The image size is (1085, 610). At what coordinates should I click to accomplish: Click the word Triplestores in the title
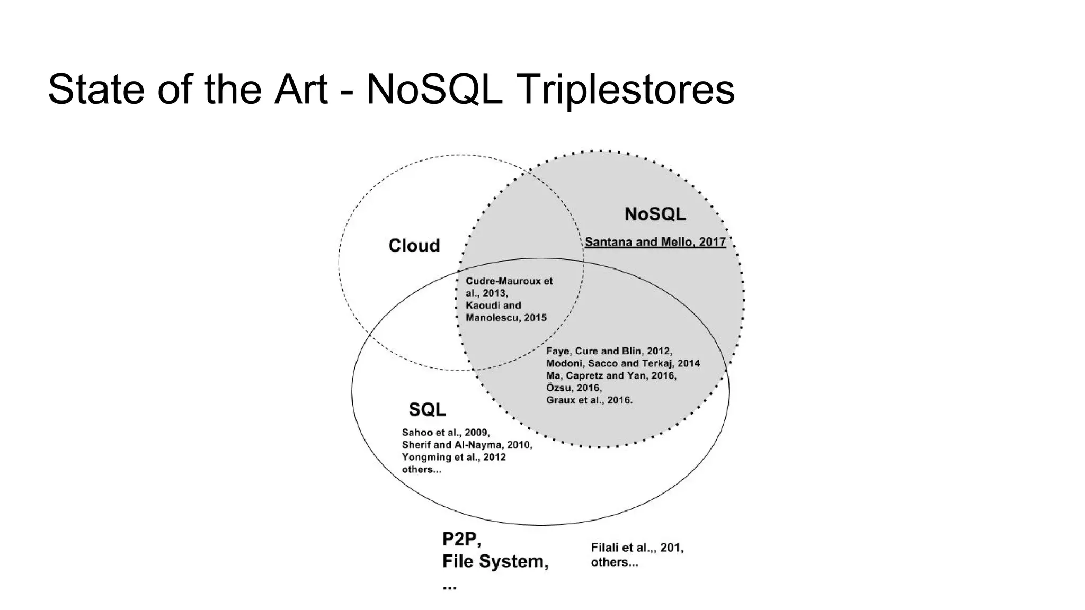pyautogui.click(x=625, y=89)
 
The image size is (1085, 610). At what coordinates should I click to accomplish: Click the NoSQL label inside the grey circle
pyautogui.click(x=655, y=214)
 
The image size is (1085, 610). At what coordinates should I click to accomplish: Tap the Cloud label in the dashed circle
pyautogui.click(x=414, y=245)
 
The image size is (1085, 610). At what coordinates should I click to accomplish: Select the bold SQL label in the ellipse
pyautogui.click(x=427, y=409)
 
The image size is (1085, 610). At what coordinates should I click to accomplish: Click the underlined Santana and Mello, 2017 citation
pyautogui.click(x=655, y=242)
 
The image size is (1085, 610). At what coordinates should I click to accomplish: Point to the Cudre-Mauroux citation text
pyautogui.click(x=509, y=281)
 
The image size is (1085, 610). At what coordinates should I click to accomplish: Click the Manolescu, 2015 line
pyautogui.click(x=506, y=318)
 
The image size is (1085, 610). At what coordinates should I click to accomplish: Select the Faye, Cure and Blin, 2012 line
pyautogui.click(x=609, y=351)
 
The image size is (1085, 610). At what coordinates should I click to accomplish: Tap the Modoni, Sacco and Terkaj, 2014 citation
pyautogui.click(x=622, y=363)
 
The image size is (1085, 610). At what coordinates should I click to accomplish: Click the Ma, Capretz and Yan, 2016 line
pyautogui.click(x=611, y=375)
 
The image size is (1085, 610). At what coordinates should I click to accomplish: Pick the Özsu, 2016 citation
pyautogui.click(x=574, y=388)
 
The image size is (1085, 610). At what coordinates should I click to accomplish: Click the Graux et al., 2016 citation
pyautogui.click(x=589, y=400)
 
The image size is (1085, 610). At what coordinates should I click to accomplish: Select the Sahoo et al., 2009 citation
pyautogui.click(x=446, y=433)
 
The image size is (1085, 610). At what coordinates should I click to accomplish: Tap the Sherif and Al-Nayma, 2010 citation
pyautogui.click(x=467, y=445)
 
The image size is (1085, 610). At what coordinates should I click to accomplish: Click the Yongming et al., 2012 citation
pyautogui.click(x=453, y=457)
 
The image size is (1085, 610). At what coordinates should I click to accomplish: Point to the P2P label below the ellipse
pyautogui.click(x=461, y=539)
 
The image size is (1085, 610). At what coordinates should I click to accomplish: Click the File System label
pyautogui.click(x=495, y=561)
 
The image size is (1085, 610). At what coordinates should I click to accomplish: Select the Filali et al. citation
pyautogui.click(x=637, y=548)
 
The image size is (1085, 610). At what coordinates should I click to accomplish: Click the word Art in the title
pyautogui.click(x=301, y=89)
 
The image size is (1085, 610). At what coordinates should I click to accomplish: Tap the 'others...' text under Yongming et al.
pyautogui.click(x=421, y=469)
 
